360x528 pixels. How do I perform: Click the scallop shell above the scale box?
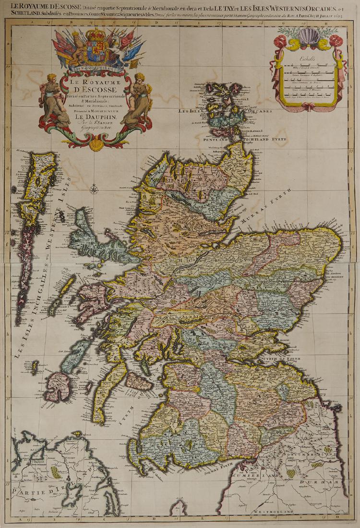tap(309, 36)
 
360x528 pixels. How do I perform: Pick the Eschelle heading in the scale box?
tap(307, 59)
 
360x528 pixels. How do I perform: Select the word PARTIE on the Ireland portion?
tap(26, 491)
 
